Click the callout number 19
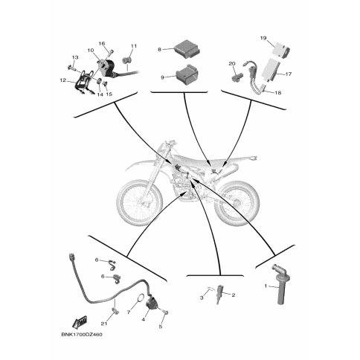263,38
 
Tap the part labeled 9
189,74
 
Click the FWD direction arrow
80,322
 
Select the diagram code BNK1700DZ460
82,335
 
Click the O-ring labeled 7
141,298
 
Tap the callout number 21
104,324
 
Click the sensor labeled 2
220,294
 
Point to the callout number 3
202,298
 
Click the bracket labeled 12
83,83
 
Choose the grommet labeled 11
127,60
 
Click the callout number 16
102,44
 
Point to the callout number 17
289,74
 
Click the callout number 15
109,94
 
